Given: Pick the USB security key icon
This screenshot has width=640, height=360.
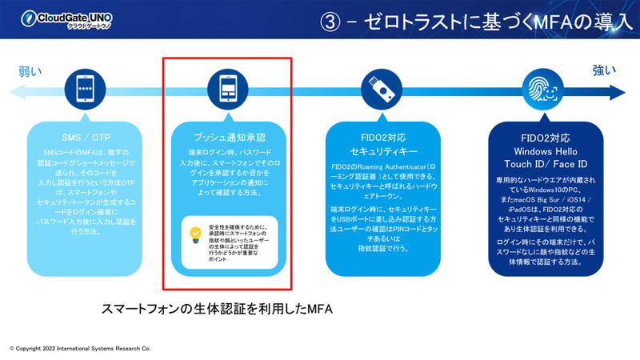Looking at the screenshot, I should (x=379, y=86).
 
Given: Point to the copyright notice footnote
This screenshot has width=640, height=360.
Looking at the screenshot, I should (x=80, y=350).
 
